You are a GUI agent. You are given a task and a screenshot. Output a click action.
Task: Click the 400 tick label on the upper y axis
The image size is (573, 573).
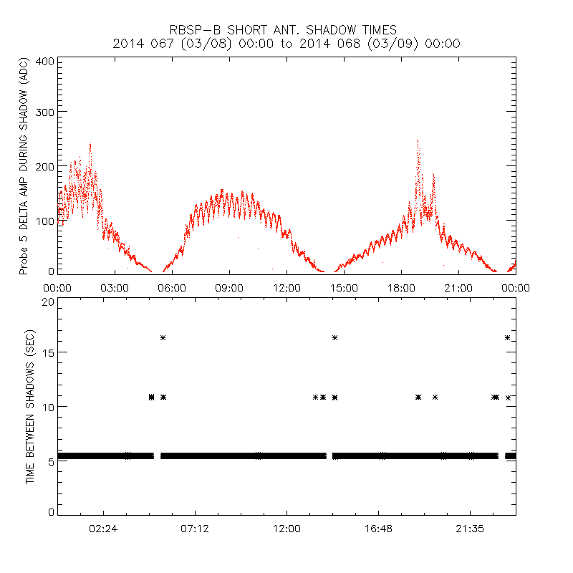click(x=45, y=61)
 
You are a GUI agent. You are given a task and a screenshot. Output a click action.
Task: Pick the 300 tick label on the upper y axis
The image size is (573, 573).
click(x=45, y=112)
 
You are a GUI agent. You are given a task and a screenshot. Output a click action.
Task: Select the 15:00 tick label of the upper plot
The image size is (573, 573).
click(x=344, y=288)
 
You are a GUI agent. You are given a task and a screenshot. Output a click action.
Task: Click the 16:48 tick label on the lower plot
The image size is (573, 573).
click(x=378, y=528)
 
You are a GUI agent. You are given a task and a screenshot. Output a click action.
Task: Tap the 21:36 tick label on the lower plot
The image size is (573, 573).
click(x=469, y=528)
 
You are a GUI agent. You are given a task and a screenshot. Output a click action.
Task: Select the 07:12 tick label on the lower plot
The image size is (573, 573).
click(x=195, y=528)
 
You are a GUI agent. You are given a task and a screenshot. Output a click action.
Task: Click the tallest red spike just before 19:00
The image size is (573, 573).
click(x=418, y=142)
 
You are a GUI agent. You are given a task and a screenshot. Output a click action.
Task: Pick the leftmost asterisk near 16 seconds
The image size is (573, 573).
click(x=163, y=337)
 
